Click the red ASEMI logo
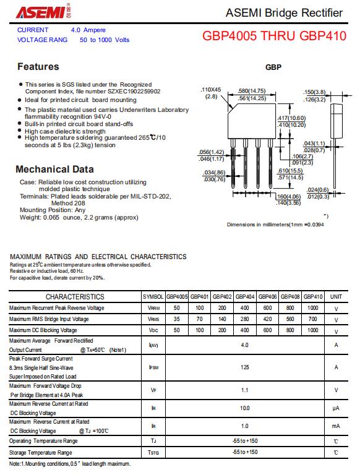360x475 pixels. (44, 12)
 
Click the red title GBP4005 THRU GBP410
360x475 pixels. (274, 36)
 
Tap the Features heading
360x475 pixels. (38, 67)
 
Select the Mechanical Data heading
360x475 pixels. (55, 169)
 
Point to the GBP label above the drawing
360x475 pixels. (273, 67)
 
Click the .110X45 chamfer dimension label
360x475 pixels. (211, 90)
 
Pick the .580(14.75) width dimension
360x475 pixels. (252, 91)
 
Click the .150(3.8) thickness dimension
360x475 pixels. (314, 92)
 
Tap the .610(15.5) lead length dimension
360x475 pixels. (290, 171)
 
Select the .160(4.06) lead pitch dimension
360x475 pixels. (288, 197)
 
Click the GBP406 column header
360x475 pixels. (268, 297)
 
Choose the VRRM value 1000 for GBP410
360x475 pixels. (313, 308)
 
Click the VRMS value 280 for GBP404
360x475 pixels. (244, 319)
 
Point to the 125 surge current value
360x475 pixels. (245, 367)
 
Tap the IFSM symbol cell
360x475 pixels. (153, 367)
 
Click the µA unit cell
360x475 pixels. (336, 408)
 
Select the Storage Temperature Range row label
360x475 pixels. (41, 453)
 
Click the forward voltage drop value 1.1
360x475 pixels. (244, 390)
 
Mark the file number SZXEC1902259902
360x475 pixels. (134, 92)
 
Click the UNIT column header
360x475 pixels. (336, 297)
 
